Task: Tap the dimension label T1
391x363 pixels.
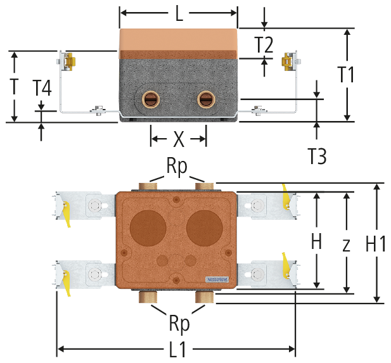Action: [x=346, y=75]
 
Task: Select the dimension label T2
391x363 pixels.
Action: [x=264, y=45]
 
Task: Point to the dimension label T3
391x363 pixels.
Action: [x=317, y=155]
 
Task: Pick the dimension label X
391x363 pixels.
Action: [x=179, y=137]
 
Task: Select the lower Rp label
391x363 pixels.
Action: [x=179, y=324]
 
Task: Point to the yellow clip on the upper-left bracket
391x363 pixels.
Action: [x=65, y=212]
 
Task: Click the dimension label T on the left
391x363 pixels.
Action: [x=13, y=86]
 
